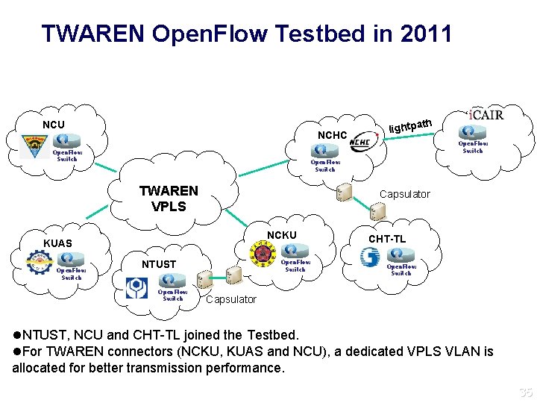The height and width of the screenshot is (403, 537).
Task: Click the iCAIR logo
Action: click(486, 115)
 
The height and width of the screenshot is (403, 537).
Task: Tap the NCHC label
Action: click(332, 135)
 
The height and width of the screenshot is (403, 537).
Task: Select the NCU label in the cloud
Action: click(53, 125)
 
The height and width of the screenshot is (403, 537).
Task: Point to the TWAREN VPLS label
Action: click(169, 199)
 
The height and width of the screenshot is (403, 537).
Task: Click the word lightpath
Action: click(410, 124)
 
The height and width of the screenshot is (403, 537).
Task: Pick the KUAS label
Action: click(57, 243)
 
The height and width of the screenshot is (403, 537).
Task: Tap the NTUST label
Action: click(159, 264)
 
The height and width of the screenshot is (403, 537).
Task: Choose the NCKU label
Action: click(282, 235)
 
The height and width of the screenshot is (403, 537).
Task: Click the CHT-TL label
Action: click(387, 239)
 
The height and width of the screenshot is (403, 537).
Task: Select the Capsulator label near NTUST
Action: click(230, 299)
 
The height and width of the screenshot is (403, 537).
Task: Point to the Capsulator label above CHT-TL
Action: click(404, 194)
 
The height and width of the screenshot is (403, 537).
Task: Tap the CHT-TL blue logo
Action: click(370, 257)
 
